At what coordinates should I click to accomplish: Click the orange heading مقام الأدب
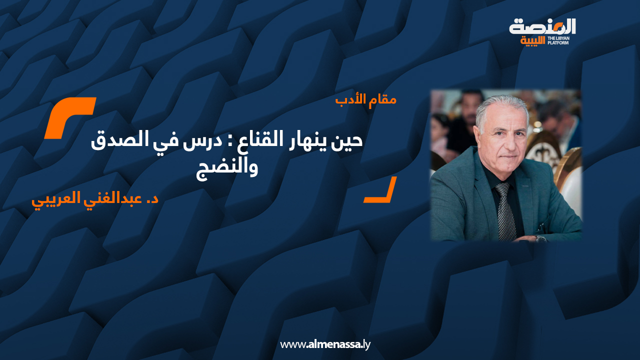click(365, 99)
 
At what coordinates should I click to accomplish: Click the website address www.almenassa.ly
click(325, 344)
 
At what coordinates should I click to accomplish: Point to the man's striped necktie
click(505, 210)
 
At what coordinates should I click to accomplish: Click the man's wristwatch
click(540, 238)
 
